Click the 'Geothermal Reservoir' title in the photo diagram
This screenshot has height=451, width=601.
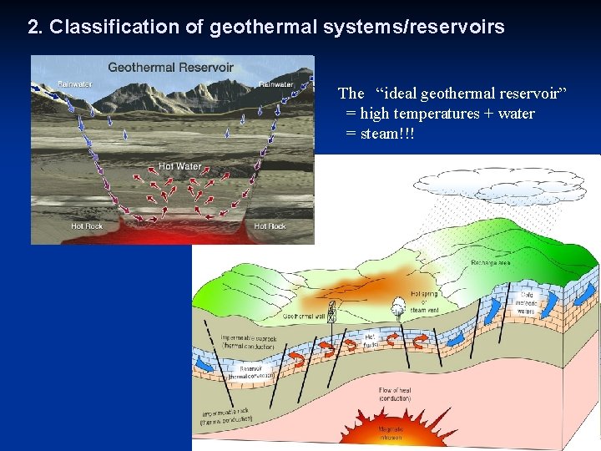tap(170, 67)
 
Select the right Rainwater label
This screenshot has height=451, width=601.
tap(276, 84)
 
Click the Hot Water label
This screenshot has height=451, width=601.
tap(179, 166)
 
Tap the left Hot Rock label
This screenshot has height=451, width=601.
tap(88, 226)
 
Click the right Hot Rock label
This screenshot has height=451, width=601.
tap(270, 226)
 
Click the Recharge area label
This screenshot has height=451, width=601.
tap(492, 263)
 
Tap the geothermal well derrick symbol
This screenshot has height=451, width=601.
tap(331, 311)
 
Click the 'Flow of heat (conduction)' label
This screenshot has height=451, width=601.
tap(395, 394)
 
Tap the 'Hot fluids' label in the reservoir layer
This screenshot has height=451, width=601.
tap(371, 339)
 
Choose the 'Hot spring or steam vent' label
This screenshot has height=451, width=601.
tap(424, 302)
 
